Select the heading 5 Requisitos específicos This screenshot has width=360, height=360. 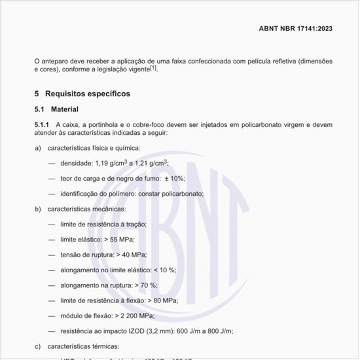(x=82, y=94)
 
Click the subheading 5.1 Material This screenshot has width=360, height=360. (x=56, y=109)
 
